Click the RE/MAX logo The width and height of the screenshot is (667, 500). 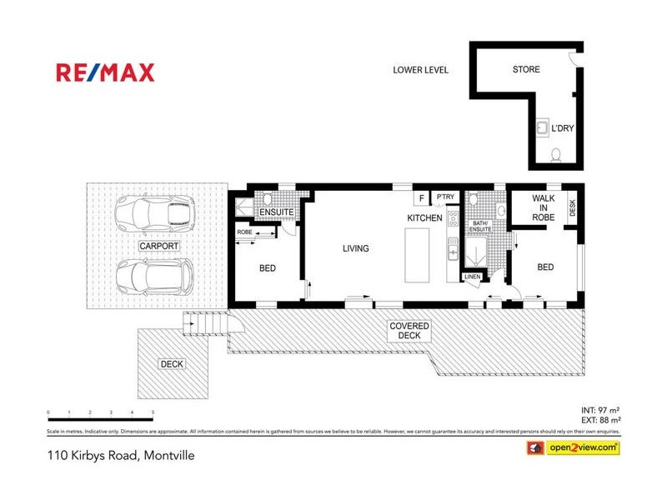tap(105, 72)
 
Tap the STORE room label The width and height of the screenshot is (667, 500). tap(525, 70)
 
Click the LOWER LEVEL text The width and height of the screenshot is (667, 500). tap(420, 70)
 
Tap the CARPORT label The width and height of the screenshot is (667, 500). tap(158, 246)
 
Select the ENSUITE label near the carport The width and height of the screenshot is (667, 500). tap(274, 213)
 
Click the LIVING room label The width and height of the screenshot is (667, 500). tap(355, 248)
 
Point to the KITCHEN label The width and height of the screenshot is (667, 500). tap(424, 217)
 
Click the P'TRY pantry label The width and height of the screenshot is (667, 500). tap(444, 197)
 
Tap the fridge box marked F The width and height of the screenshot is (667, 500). tap(422, 197)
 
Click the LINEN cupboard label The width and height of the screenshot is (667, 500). tap(473, 276)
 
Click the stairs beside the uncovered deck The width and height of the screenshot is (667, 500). tap(205, 324)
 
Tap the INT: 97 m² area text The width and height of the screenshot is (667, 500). tap(600, 410)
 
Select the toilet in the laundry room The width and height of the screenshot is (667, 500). tap(557, 154)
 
